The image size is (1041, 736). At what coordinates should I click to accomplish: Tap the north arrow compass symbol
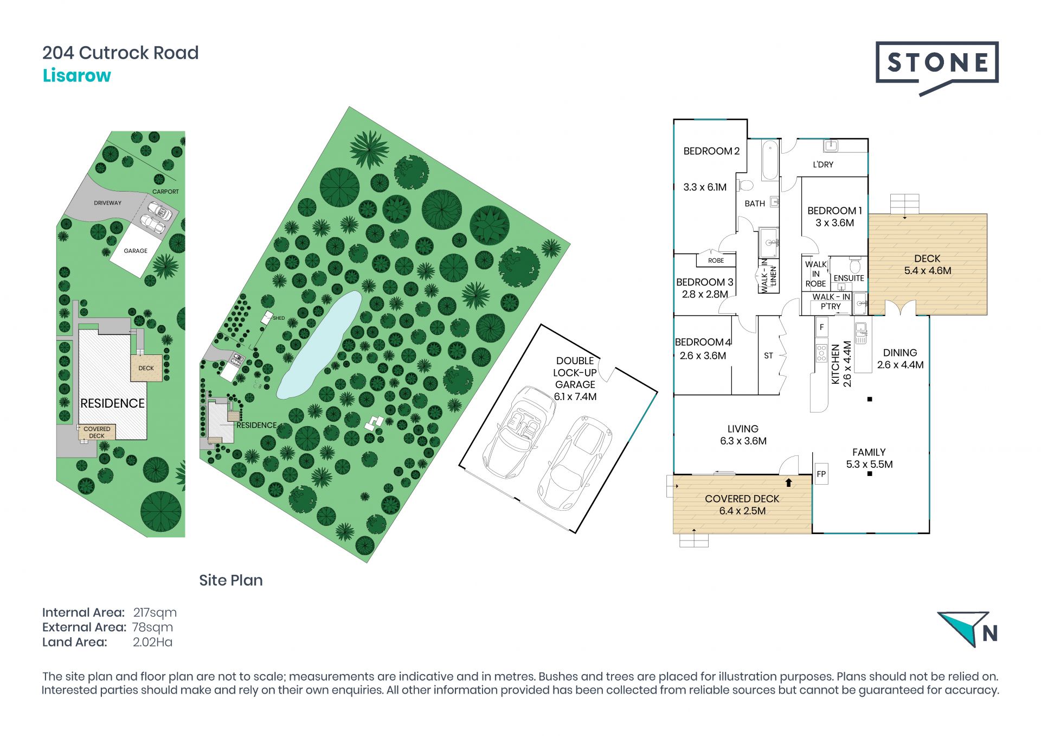(968, 629)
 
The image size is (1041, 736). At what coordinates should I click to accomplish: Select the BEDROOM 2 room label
(711, 151)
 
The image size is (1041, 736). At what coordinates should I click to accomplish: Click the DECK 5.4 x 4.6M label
(927, 264)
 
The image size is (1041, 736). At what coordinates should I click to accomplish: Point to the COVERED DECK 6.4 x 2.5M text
(742, 505)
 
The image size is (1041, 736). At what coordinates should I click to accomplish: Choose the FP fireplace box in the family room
(821, 474)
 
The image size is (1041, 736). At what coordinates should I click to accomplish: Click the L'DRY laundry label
(823, 164)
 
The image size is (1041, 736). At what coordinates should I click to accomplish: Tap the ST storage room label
(768, 356)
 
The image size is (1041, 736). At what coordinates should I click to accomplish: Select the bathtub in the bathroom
(770, 160)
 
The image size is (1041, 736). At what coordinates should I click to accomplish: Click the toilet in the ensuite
(855, 265)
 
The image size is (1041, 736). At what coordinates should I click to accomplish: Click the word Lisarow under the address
(77, 75)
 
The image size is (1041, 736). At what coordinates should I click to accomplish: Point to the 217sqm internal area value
(155, 613)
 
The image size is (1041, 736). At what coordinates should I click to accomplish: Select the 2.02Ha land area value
(153, 642)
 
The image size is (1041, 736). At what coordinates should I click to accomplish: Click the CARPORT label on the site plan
(165, 192)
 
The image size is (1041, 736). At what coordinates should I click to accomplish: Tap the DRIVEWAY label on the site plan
(107, 203)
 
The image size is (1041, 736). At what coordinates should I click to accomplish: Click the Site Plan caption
(231, 580)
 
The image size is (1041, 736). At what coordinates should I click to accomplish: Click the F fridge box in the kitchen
(822, 327)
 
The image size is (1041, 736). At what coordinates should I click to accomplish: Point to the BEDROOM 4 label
(703, 342)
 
